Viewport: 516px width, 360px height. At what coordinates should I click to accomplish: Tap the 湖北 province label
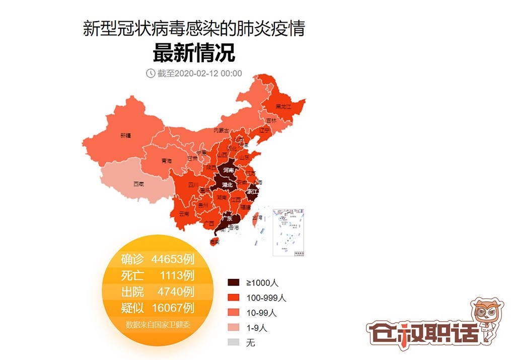tap(227, 185)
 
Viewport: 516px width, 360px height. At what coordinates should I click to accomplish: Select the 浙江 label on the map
tap(253, 192)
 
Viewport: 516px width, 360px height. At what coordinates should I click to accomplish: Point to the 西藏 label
tap(138, 184)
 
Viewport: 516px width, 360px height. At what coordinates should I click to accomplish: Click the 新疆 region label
tap(125, 135)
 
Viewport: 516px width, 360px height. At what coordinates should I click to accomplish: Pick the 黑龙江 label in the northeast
tap(285, 107)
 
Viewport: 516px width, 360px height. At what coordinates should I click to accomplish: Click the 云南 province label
tap(184, 213)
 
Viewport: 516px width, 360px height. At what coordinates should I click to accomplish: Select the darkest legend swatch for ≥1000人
tap(234, 282)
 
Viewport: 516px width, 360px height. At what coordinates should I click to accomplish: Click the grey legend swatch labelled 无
tap(234, 343)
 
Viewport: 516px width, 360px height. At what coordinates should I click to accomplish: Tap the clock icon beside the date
tap(150, 74)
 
